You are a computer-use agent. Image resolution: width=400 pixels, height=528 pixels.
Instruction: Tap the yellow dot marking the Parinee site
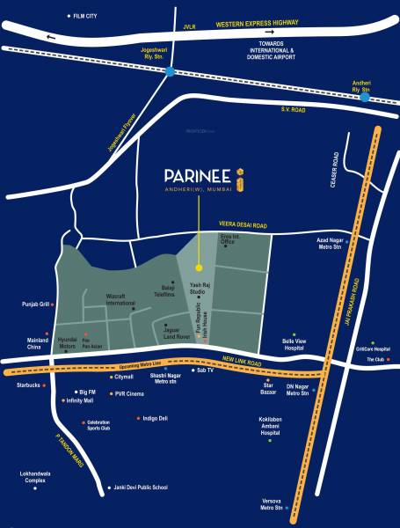199,267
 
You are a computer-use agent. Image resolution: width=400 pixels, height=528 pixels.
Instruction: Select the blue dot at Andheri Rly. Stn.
364,97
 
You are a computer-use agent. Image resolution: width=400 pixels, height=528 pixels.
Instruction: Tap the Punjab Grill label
36,304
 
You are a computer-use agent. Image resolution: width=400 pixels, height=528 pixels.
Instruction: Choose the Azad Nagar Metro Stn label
331,243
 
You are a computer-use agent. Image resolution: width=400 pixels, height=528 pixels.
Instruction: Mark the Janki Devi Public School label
140,487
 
